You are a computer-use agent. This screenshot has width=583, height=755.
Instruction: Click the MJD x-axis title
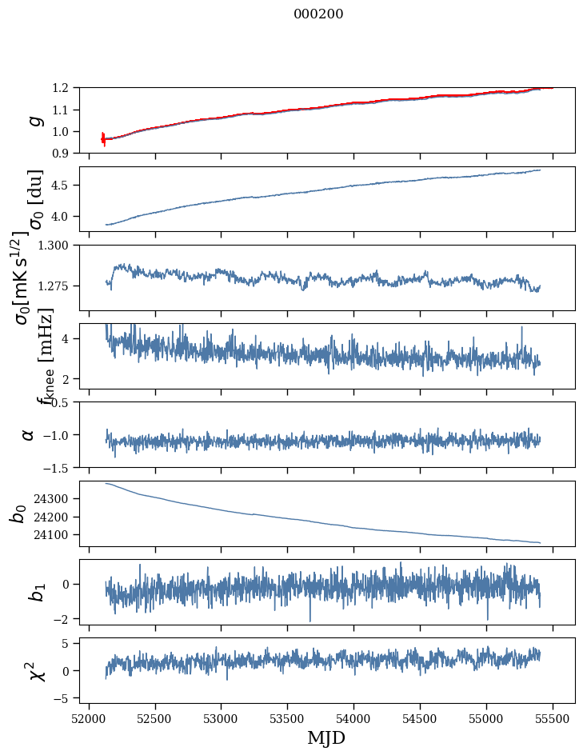(x=326, y=737)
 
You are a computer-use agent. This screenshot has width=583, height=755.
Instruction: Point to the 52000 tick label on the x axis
(x=89, y=718)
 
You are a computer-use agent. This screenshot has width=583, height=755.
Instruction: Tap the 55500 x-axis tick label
(x=553, y=718)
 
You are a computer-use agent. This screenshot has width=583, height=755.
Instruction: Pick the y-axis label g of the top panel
(x=34, y=120)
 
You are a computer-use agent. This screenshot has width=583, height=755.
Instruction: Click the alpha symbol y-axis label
(x=29, y=434)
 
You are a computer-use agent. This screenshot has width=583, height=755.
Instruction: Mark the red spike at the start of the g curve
(x=103, y=138)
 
